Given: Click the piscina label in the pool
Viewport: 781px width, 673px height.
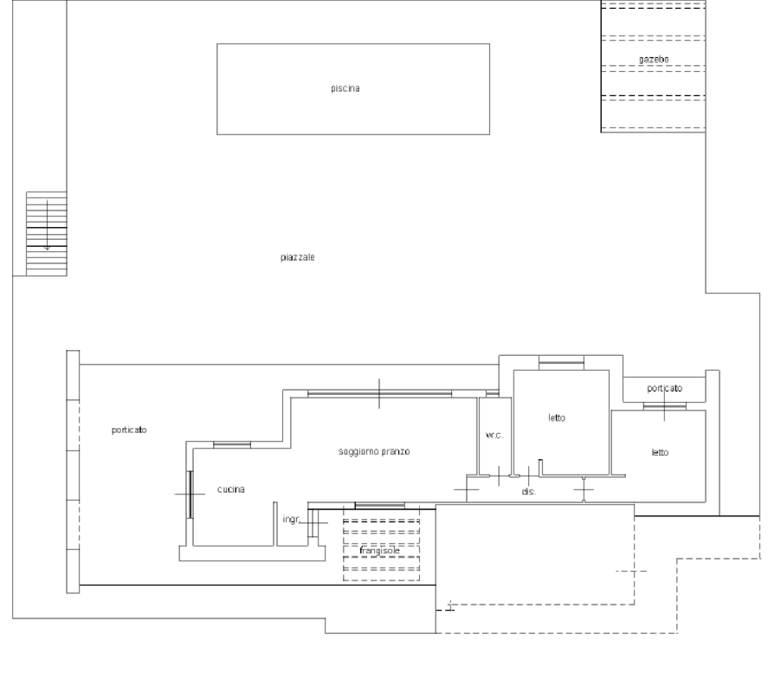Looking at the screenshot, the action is click(345, 88).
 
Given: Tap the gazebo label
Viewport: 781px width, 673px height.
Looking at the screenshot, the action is click(654, 59).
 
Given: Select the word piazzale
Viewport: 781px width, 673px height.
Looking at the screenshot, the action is click(297, 257).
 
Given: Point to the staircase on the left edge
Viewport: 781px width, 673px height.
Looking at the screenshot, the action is click(46, 234).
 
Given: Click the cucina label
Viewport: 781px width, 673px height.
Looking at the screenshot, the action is click(231, 489).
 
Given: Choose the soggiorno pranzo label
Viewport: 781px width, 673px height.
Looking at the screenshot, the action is click(374, 451).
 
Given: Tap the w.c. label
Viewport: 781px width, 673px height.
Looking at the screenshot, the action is click(494, 435).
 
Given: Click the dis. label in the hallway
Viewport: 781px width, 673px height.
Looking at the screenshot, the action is click(529, 491).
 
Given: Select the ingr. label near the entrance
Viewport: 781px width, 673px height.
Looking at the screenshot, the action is click(292, 519).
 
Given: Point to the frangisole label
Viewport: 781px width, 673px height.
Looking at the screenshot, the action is click(379, 551).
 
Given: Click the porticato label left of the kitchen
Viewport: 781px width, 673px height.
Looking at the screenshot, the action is click(129, 430).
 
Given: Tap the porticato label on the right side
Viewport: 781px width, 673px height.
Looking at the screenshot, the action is click(664, 388).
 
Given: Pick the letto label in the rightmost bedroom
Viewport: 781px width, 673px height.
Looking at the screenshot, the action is click(660, 452).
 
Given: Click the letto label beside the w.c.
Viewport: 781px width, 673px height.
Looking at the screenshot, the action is click(557, 417).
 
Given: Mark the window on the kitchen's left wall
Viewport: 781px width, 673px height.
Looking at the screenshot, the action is click(190, 495).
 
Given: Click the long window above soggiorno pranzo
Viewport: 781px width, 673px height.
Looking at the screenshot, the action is click(379, 393).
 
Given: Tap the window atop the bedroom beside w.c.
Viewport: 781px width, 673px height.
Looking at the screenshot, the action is click(561, 363).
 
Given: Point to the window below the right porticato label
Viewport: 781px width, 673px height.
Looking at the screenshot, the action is click(664, 406).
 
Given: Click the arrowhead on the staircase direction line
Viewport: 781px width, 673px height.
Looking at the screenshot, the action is click(47, 248).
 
